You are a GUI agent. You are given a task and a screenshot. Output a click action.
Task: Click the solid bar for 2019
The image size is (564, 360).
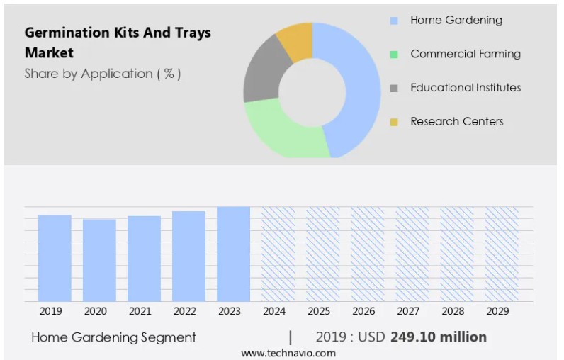[x=55, y=258]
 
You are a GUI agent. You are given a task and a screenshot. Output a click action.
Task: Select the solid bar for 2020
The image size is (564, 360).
[x=99, y=260]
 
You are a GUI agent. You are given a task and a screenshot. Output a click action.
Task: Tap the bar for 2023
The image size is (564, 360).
[x=233, y=254]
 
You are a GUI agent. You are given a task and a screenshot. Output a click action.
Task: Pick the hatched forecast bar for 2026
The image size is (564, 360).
[x=367, y=254]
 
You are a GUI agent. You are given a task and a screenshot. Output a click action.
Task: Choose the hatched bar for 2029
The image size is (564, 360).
[x=501, y=254]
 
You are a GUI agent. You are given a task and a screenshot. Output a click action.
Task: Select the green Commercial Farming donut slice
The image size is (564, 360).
[x=283, y=131]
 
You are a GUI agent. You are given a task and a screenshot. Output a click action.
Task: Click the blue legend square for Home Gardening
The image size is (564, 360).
[x=394, y=21]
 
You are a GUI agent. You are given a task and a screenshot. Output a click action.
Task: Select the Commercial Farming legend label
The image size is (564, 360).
[x=465, y=54]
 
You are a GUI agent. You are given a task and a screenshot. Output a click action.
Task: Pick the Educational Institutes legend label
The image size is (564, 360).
[x=466, y=88]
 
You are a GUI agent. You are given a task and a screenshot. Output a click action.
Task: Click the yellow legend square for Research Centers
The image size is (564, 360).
[x=394, y=122]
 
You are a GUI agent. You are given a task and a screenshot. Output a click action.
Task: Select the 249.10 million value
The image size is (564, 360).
[x=438, y=337]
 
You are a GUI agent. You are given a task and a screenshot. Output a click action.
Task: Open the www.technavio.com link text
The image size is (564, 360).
[x=288, y=353]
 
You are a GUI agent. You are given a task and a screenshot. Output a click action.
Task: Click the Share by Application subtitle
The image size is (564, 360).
[x=102, y=74]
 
